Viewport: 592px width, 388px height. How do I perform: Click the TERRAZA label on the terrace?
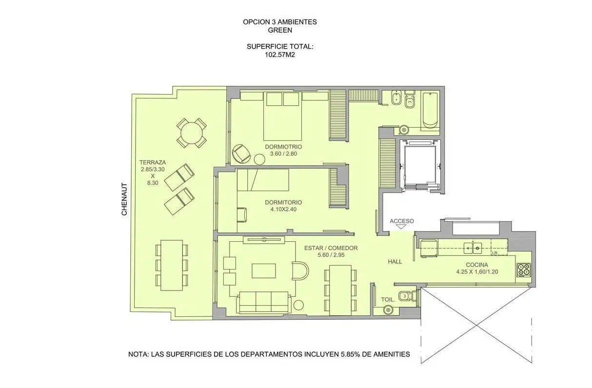click(x=153, y=162)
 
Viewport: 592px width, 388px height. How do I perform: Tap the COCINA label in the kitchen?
click(x=477, y=265)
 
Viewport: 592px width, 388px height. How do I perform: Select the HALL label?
click(x=395, y=261)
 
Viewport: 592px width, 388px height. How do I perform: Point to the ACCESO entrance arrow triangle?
click(x=402, y=227)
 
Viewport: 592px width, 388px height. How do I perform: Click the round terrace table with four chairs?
click(x=192, y=133)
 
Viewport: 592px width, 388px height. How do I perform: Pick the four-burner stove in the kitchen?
click(x=524, y=270)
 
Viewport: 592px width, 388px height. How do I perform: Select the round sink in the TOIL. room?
click(x=388, y=310)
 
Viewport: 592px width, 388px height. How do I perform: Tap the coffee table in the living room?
click(x=263, y=271)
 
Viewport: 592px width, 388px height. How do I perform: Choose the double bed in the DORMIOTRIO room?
click(x=282, y=116)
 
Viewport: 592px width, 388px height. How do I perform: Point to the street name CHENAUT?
click(x=124, y=199)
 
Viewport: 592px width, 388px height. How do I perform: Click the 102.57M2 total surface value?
click(x=280, y=55)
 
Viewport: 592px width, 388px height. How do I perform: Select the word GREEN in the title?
click(x=280, y=30)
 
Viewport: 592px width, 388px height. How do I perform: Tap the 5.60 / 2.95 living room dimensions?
click(x=331, y=255)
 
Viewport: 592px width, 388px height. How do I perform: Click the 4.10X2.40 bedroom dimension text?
click(x=283, y=209)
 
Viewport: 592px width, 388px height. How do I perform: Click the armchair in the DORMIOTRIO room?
click(x=241, y=154)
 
